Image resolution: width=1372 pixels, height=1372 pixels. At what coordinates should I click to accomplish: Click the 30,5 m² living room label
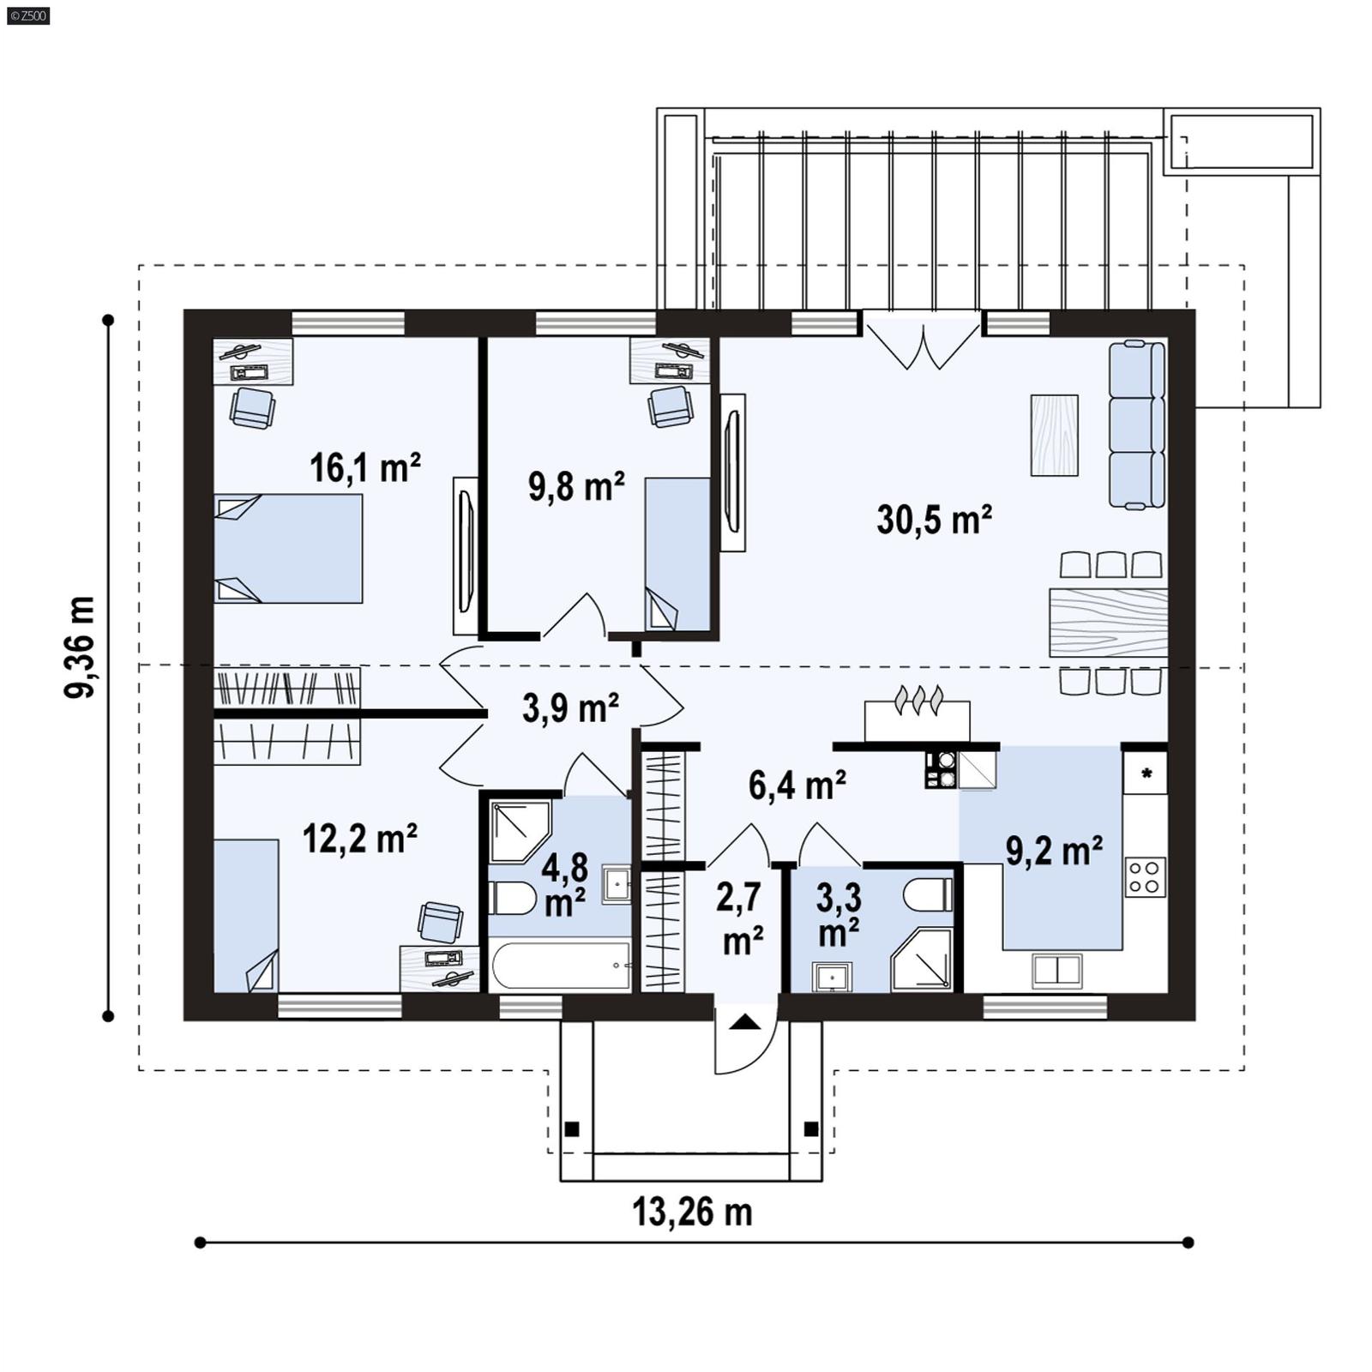934,520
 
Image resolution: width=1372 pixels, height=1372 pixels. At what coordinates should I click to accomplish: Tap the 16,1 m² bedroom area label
364,468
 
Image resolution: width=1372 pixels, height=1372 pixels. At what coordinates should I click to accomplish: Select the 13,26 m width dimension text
692,1212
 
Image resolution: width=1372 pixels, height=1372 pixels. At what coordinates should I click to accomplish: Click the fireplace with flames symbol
918,718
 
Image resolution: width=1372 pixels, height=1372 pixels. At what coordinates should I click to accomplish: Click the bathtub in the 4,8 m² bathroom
562,966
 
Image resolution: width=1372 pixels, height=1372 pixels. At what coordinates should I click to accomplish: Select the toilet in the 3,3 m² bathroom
928,895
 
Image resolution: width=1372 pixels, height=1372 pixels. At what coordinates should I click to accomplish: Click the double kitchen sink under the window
1056,970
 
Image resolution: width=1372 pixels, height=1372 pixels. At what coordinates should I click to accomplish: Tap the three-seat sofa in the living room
1136,424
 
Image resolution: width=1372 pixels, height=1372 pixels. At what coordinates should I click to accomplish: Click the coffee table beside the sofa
1054,435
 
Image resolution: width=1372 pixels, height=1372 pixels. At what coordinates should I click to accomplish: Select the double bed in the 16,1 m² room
287,549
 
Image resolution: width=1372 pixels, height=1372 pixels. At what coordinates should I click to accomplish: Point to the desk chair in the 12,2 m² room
441,922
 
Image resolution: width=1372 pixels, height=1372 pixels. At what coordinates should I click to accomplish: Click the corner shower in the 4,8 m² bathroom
520,831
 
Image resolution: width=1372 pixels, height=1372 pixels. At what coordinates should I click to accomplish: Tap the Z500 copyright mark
27,15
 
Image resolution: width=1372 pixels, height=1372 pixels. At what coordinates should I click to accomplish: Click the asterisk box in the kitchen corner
1146,773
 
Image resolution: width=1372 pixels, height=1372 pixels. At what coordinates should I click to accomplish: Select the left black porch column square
572,1128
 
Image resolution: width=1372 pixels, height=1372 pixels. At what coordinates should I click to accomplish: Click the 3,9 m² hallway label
570,708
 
